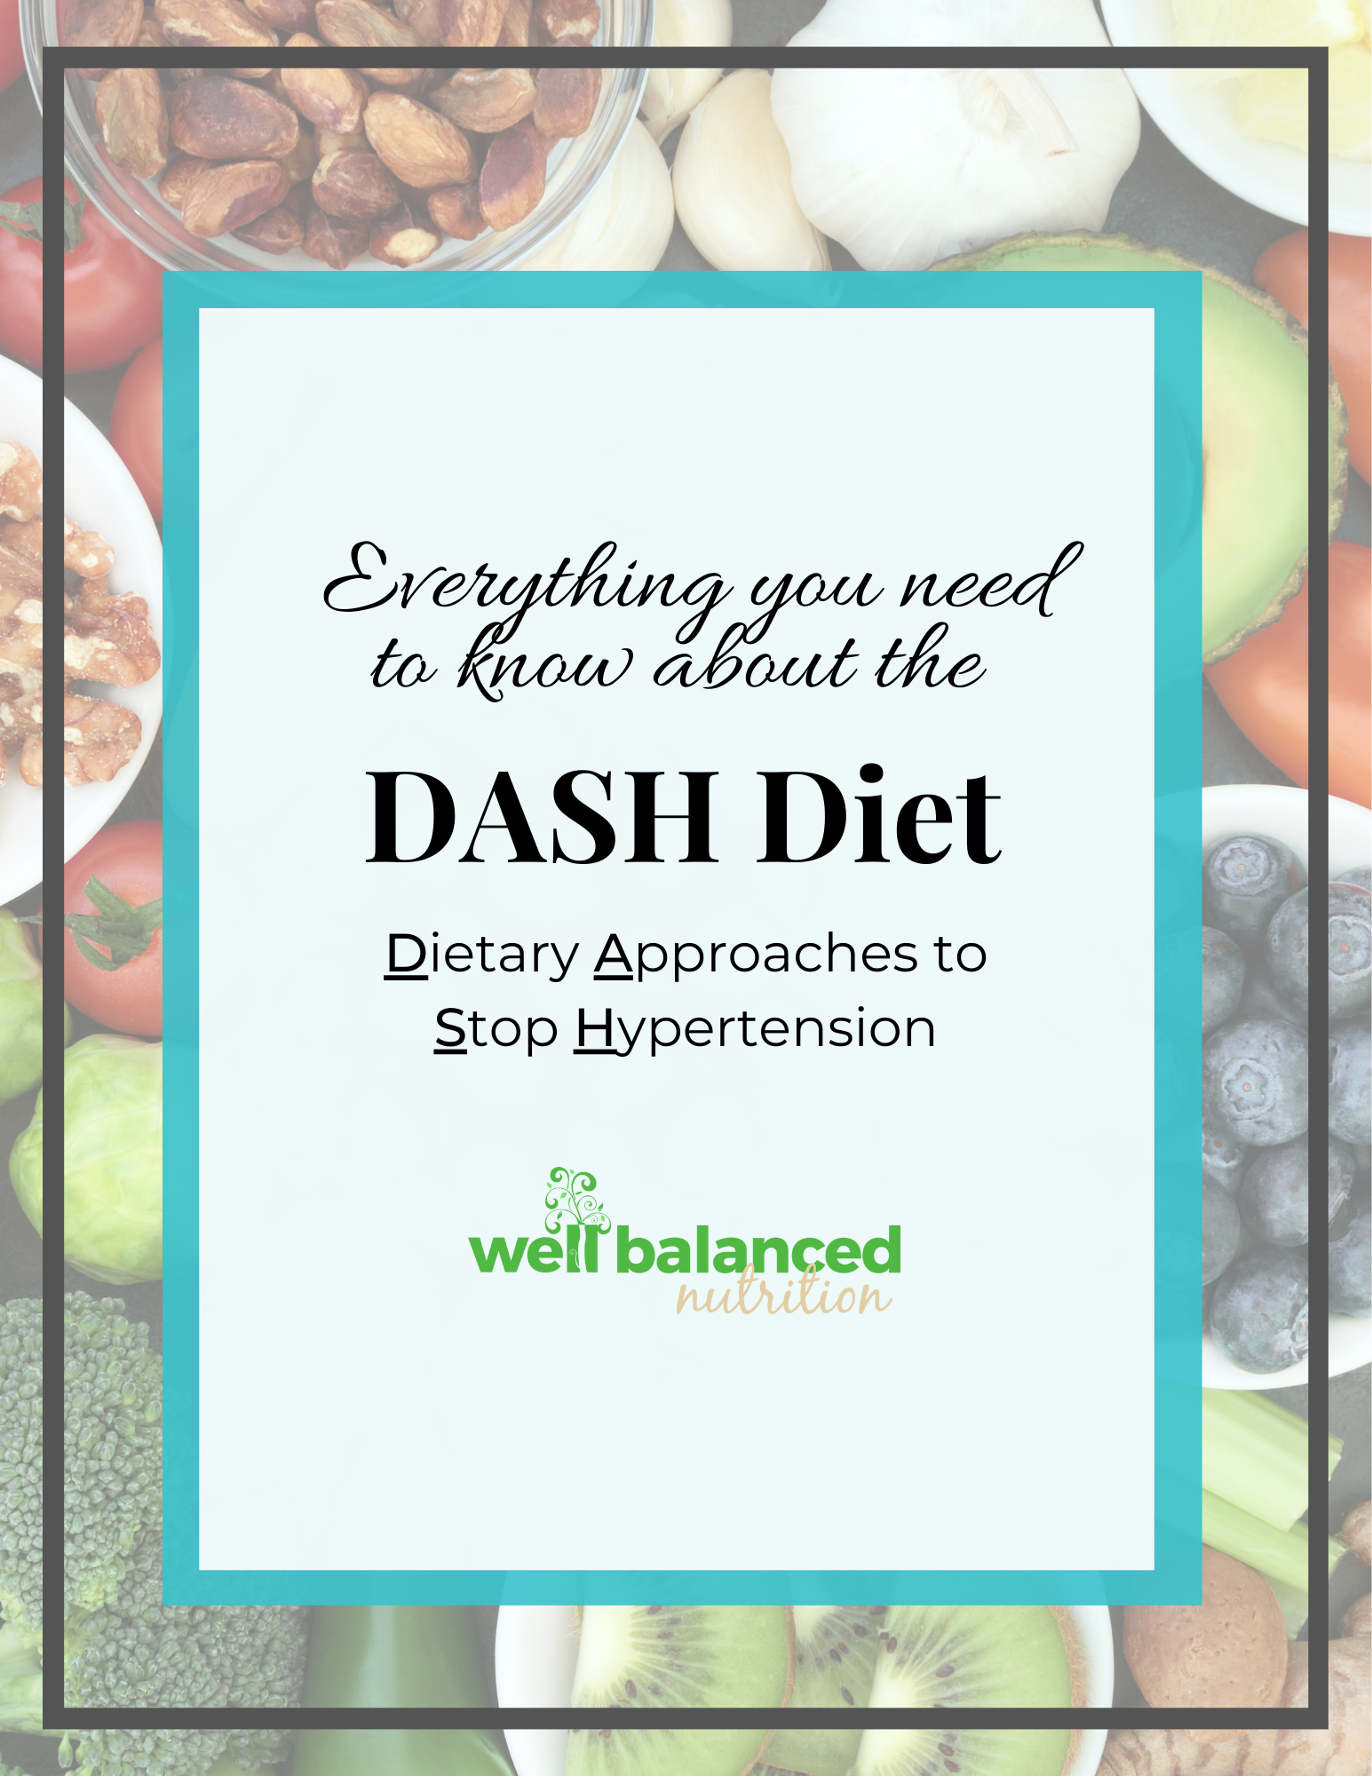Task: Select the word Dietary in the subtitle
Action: click(482, 955)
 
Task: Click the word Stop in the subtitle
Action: click(496, 1029)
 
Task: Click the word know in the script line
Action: click(546, 662)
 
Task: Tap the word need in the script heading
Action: click(991, 582)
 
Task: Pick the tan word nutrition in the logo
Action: click(782, 1294)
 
